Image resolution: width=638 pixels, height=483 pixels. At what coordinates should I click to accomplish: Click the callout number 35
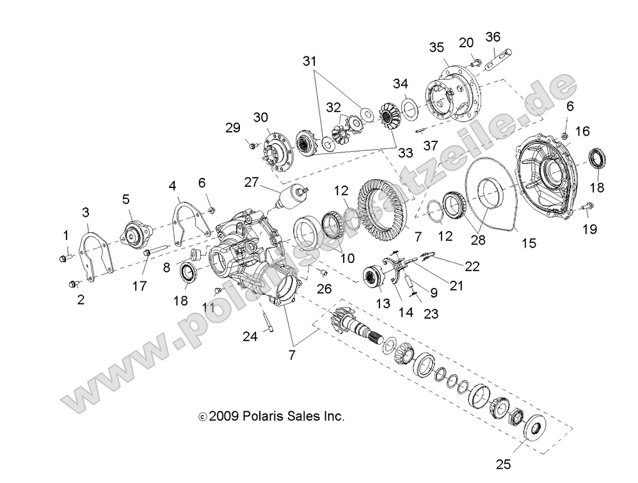436,47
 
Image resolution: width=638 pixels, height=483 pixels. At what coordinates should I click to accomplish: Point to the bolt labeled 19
588,206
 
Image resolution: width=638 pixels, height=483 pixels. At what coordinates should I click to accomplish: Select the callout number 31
310,61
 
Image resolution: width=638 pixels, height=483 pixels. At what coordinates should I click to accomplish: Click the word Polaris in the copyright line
265,416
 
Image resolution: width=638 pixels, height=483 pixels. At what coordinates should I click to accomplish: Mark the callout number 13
383,303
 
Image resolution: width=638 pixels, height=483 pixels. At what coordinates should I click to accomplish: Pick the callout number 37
430,146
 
